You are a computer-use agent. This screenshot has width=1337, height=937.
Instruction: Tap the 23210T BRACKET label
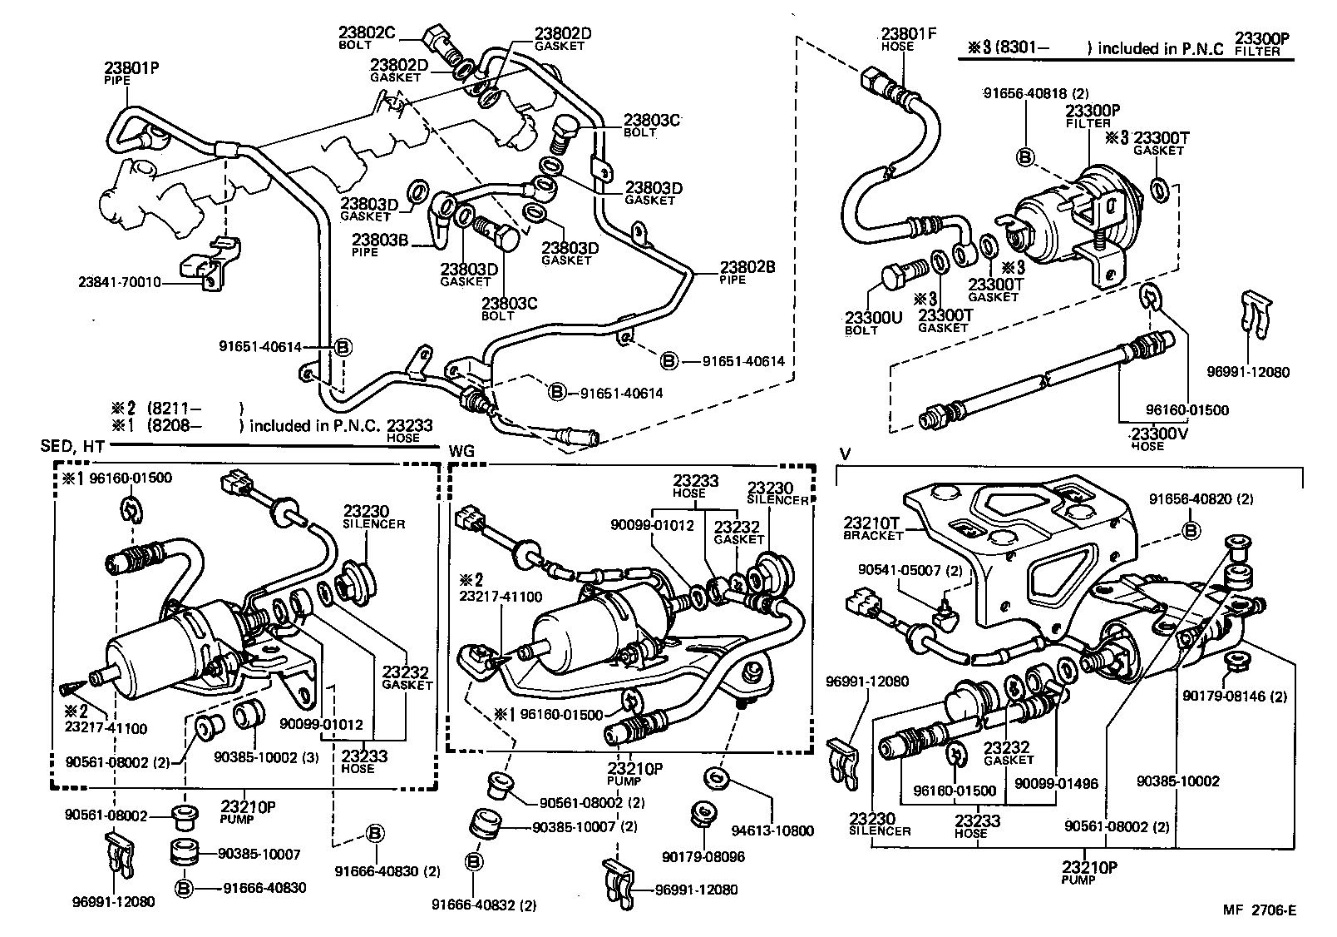(873, 528)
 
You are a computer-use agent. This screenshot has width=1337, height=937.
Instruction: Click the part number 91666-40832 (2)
(484, 905)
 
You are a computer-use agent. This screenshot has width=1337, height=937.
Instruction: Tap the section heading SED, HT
(72, 447)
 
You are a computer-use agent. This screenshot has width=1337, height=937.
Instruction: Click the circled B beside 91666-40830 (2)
(374, 833)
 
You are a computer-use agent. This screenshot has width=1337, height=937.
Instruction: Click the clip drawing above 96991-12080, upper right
(1254, 316)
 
